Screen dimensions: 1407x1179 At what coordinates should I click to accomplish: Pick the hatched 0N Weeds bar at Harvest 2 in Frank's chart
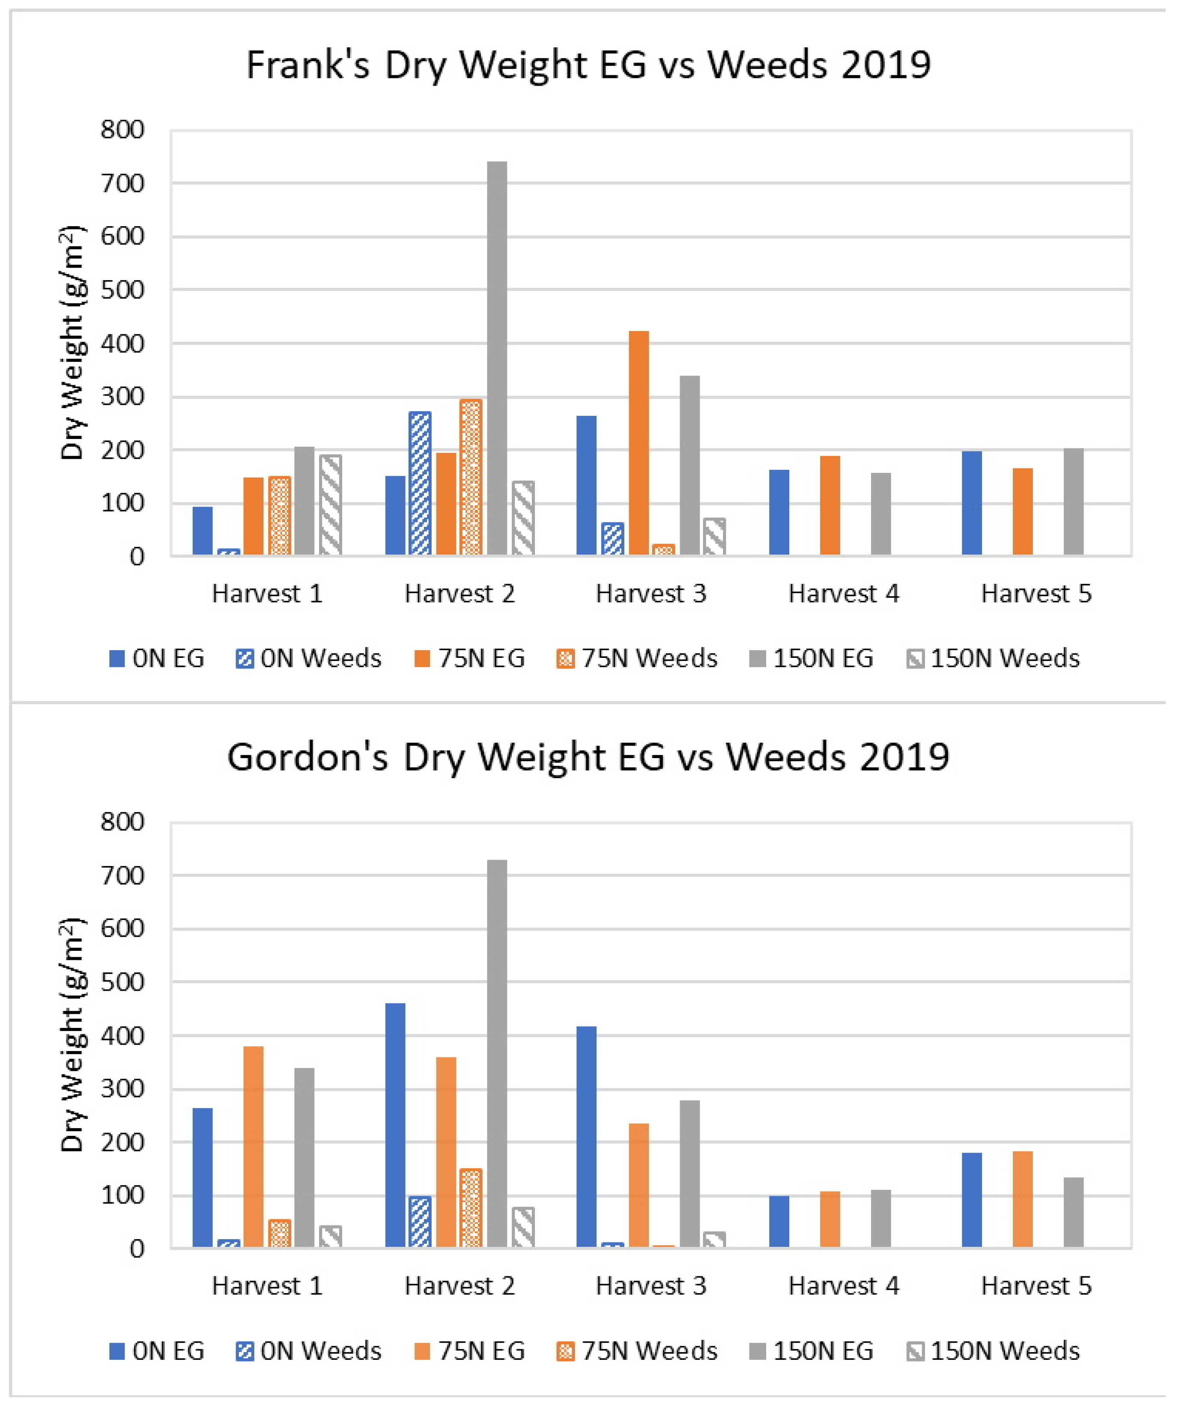tap(420, 483)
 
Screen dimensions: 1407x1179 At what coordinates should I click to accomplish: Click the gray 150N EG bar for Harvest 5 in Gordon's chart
tap(1073, 1212)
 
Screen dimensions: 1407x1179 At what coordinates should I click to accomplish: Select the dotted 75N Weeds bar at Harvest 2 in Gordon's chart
tap(471, 1208)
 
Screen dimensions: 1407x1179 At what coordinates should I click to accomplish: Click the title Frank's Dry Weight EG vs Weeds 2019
tap(588, 65)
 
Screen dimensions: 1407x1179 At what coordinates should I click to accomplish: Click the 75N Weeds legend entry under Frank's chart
tap(637, 659)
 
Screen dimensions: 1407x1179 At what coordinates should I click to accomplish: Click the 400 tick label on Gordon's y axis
tap(122, 1036)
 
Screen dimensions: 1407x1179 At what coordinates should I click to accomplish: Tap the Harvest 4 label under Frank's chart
tap(843, 594)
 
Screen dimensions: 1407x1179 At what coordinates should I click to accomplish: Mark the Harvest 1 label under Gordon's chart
tap(267, 1286)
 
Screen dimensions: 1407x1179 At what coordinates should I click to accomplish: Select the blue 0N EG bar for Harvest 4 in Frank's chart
tap(779, 513)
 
